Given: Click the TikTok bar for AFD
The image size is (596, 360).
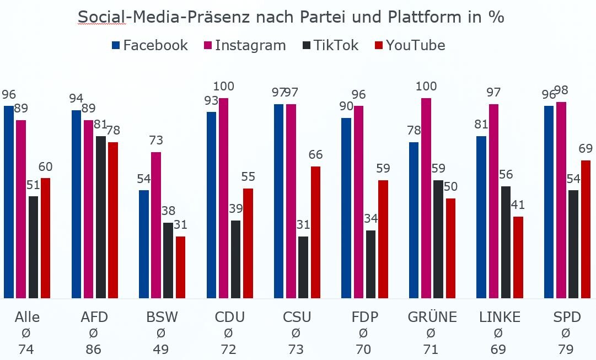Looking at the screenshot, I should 101,217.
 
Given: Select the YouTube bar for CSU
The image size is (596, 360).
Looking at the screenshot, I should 315,232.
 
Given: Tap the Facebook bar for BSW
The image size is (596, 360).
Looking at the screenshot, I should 144,244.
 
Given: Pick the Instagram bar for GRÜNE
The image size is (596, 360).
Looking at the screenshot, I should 426,198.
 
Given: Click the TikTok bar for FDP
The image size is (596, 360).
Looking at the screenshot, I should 371,265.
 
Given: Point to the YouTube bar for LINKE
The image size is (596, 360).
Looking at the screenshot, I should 518,257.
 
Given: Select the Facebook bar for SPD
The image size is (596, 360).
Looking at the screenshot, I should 549,202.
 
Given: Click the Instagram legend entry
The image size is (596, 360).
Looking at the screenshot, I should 245,45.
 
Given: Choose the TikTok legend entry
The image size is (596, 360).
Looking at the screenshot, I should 330,45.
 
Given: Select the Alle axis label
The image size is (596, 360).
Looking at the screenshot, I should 27,317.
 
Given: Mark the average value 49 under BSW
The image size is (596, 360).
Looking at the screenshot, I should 161,349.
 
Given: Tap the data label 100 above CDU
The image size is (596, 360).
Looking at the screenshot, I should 223,86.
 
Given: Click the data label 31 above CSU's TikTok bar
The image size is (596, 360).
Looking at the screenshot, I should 303,224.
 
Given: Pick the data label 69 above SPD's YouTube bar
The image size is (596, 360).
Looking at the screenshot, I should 585,148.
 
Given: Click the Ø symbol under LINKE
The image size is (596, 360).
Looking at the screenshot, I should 498,333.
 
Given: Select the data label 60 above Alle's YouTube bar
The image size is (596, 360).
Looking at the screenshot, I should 45,166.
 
